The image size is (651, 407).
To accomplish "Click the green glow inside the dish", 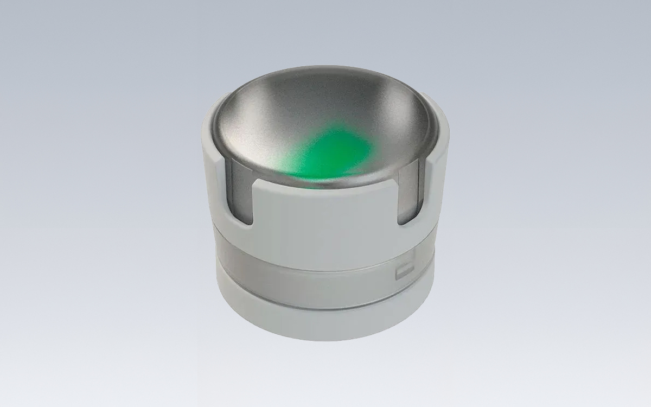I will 331,152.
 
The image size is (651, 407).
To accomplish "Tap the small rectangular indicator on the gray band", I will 404,270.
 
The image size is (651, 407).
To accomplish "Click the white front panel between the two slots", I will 325,217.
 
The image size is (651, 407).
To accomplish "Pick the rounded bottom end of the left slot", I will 241,220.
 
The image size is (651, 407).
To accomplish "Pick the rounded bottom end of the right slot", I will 407,220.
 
